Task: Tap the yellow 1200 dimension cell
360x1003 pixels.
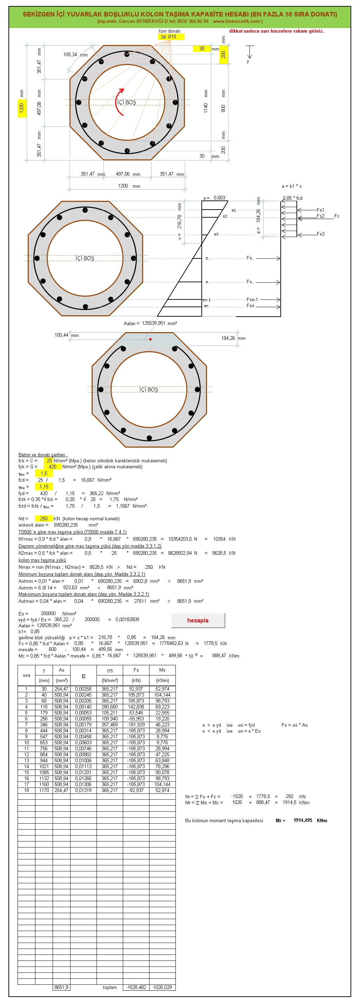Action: (22, 107)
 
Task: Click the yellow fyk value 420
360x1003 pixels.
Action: (52, 467)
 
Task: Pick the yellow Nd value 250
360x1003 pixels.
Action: (44, 519)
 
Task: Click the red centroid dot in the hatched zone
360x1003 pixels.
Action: (150, 339)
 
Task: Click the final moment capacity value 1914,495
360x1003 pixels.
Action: (303, 820)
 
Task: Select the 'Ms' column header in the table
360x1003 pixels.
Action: (162, 670)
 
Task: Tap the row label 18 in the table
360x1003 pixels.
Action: (26, 790)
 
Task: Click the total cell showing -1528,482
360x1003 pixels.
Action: (136, 988)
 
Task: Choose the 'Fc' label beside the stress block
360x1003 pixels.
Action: (336, 216)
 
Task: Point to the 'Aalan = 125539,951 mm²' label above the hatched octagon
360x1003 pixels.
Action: (150, 323)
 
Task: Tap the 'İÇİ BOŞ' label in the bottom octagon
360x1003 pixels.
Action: (149, 389)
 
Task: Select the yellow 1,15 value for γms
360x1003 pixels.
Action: (44, 487)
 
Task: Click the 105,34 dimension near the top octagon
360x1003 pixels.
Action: (70, 54)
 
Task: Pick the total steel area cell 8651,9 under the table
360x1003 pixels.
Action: (61, 988)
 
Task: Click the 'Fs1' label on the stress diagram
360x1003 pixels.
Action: (320, 210)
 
